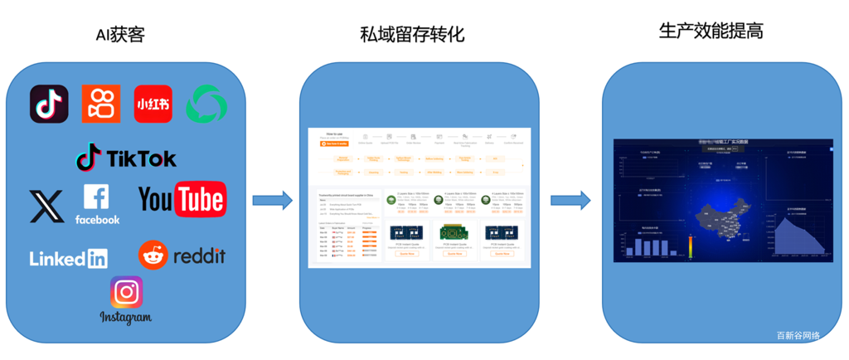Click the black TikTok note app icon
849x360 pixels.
49,104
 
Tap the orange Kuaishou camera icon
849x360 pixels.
101,104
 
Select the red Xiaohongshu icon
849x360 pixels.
153,104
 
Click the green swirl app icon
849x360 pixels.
204,105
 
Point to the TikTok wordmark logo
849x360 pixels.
126,158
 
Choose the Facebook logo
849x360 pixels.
97,204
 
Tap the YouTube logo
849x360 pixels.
181,199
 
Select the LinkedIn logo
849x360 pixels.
69,258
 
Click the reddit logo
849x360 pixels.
182,255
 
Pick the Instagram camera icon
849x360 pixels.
126,292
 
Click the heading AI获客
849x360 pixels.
121,36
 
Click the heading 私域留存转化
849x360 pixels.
412,36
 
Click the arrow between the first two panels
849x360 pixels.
273,200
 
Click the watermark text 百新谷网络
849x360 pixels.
798,336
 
